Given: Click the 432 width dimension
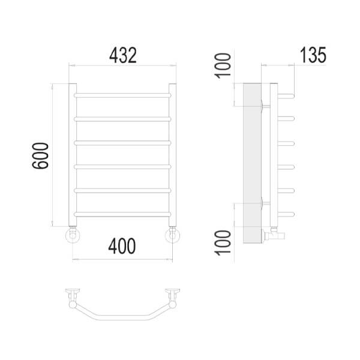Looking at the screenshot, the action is pyautogui.click(x=123, y=55).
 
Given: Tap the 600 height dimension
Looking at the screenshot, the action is pyautogui.click(x=40, y=155).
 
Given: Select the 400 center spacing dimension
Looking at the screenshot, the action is pyautogui.click(x=122, y=246).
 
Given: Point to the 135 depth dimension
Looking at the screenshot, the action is pyautogui.click(x=313, y=55).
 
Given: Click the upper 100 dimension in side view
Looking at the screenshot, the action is pyautogui.click(x=223, y=65).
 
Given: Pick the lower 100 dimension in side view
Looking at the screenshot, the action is pyautogui.click(x=223, y=242).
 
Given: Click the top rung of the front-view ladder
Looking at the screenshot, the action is pyautogui.click(x=122, y=95).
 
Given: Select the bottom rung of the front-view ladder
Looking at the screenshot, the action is pyautogui.click(x=122, y=214).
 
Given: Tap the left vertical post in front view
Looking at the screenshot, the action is pyautogui.click(x=73, y=155).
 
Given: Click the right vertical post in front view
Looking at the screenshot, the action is pyautogui.click(x=172, y=155).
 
